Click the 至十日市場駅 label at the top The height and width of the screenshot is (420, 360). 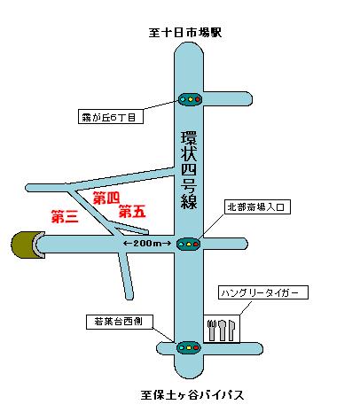185,33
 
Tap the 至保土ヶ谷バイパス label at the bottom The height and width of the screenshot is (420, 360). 192,395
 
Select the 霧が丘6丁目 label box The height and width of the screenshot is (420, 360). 111,117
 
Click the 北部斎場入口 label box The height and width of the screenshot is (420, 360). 257,207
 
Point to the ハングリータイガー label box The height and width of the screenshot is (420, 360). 263,292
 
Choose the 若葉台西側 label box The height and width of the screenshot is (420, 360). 120,322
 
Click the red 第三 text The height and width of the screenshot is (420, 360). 65,216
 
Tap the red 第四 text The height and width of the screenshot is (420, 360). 106,198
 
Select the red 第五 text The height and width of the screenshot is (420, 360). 132,212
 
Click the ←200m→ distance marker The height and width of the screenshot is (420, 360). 147,244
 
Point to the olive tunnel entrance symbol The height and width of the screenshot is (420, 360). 28,245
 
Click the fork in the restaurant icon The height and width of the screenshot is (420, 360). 212,330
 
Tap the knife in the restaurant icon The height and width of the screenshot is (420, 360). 231,330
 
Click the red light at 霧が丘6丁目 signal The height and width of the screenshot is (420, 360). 198,99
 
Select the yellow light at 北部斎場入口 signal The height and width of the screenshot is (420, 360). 188,245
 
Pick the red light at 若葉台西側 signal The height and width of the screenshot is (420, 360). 196,347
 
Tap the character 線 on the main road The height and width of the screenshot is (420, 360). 189,201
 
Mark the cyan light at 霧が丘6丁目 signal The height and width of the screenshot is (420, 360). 183,99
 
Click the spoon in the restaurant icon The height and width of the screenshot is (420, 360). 222,330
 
